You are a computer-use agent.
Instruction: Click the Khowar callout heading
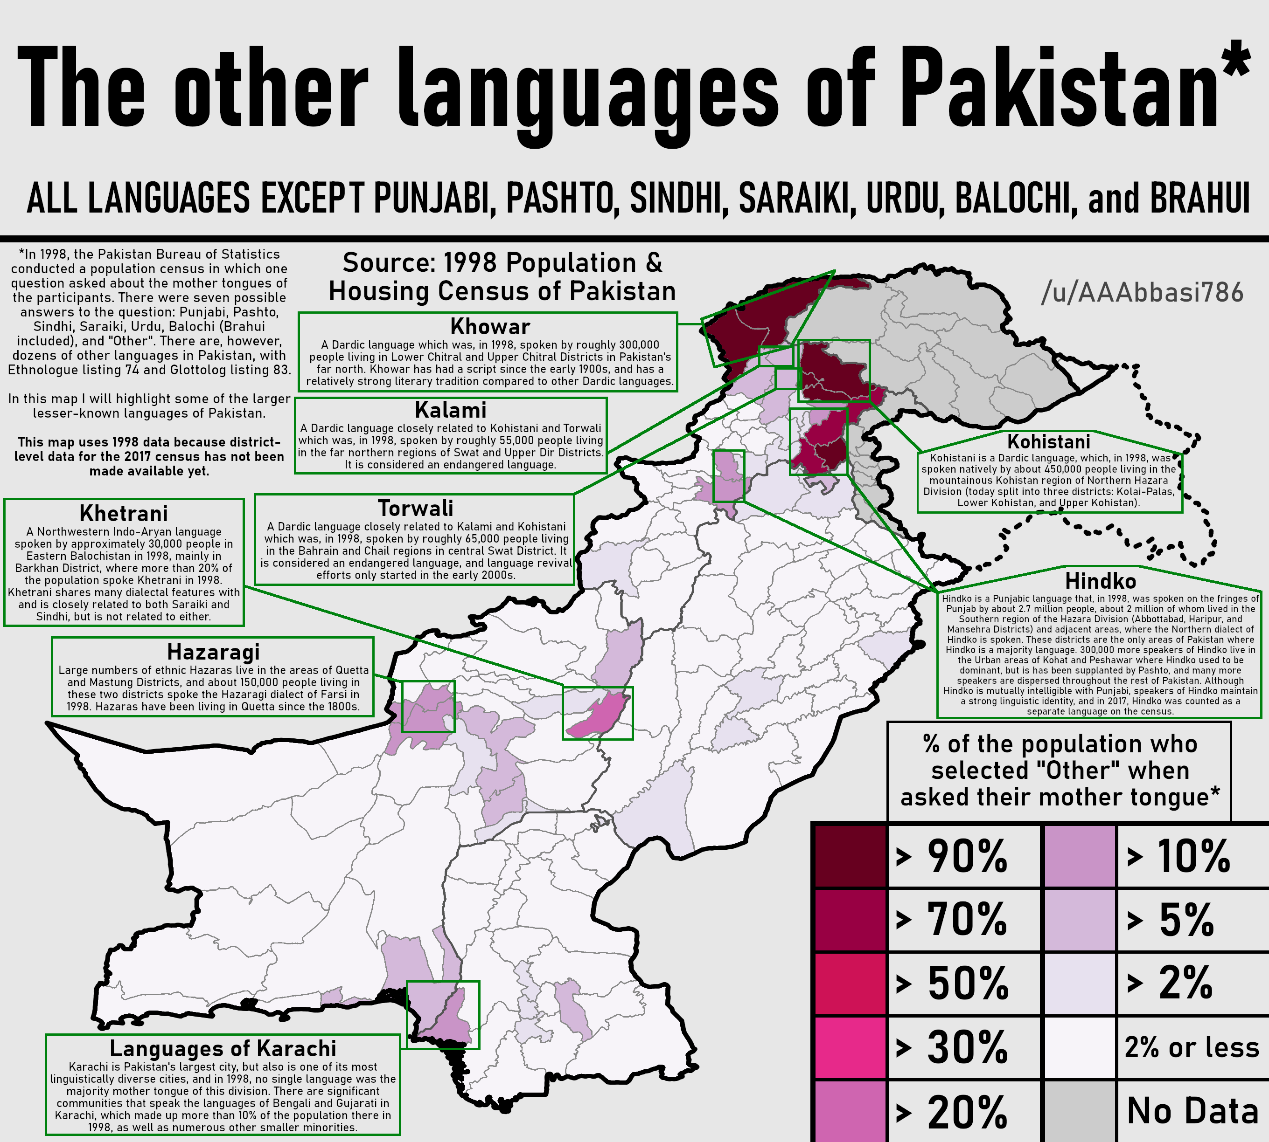(x=490, y=327)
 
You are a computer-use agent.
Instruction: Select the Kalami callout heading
(x=450, y=410)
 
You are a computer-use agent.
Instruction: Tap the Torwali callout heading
(x=415, y=508)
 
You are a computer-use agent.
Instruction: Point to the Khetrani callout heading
(x=124, y=513)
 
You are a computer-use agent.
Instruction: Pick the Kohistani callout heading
(x=1049, y=442)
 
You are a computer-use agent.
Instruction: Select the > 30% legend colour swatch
(x=850, y=1047)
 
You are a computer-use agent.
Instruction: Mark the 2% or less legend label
(x=1192, y=1047)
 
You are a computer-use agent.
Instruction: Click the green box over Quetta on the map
(x=428, y=707)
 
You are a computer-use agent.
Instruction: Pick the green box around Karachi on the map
(x=443, y=1015)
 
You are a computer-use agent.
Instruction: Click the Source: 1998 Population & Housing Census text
(x=502, y=277)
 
